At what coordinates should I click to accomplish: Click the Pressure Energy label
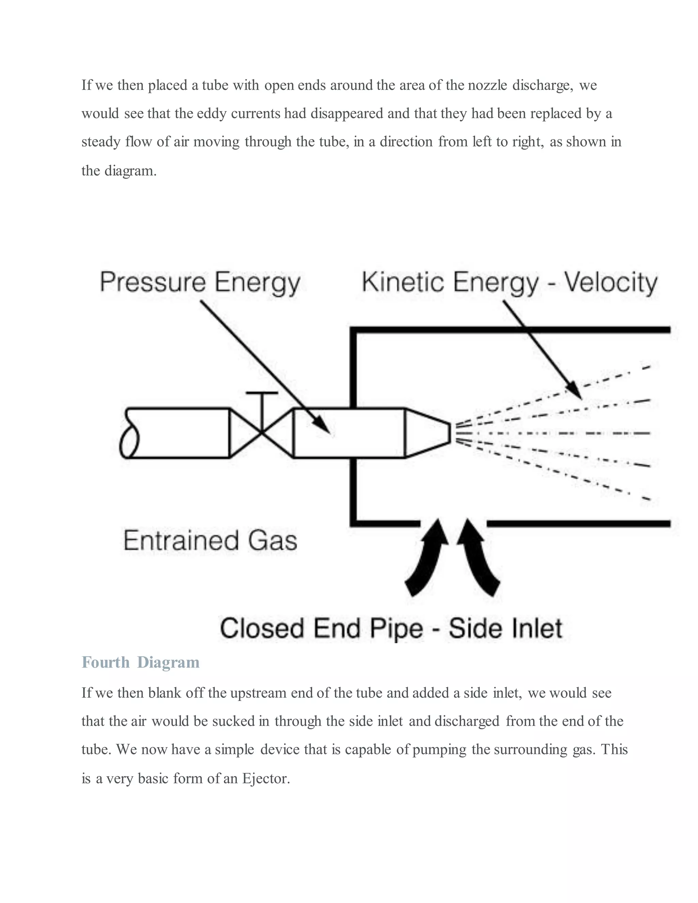tap(200, 283)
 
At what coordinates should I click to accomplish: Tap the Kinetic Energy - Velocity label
tap(510, 283)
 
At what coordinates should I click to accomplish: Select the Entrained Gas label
tap(210, 540)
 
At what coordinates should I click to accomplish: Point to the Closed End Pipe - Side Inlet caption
tap(391, 628)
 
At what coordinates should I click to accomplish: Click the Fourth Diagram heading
tap(141, 662)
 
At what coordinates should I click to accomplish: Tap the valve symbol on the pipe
tap(261, 433)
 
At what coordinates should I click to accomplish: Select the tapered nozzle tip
tap(428, 433)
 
